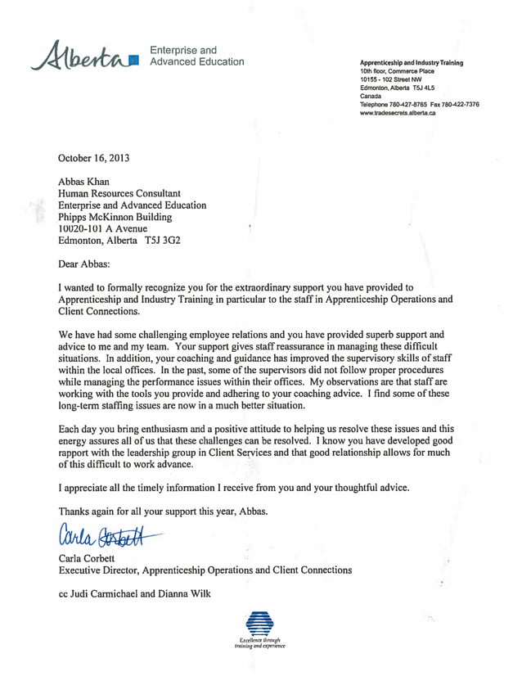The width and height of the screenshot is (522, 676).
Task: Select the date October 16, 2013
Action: (94, 158)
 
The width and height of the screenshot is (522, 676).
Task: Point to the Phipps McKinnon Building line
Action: (115, 217)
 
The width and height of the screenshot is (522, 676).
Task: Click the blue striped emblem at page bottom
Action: (259, 622)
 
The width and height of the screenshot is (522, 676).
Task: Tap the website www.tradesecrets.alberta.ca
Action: (398, 113)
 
